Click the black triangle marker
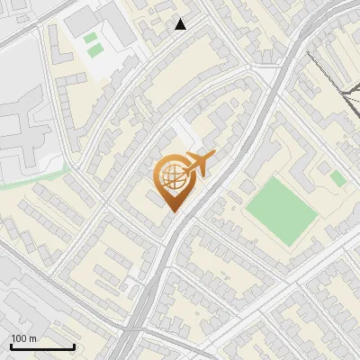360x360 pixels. coord(181,24)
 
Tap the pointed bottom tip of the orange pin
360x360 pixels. coord(172,211)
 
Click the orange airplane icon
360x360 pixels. coord(199,164)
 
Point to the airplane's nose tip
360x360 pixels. coord(215,157)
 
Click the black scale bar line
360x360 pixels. coord(42,346)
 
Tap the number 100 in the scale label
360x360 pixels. coord(19,338)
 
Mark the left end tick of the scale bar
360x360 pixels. coord(11,345)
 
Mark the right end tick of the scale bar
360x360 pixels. coord(74,345)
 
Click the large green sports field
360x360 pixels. coord(281,209)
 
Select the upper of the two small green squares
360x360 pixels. coord(91,39)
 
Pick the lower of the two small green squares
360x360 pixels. coord(94,51)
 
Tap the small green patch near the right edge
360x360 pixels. coord(337,178)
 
